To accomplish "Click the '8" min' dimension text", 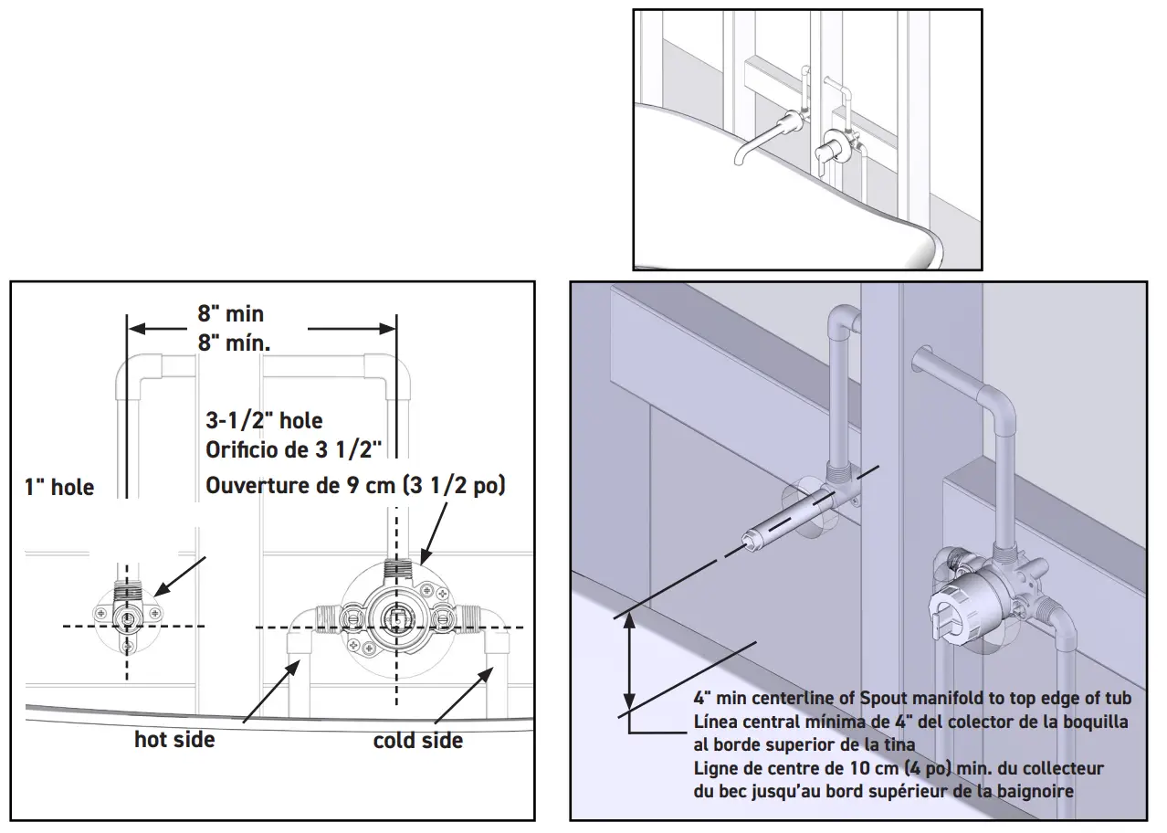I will [231, 314].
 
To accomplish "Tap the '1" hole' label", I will [59, 487].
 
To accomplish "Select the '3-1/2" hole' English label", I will [264, 421].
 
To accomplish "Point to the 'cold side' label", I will [417, 740].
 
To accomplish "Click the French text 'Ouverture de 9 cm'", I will [355, 485].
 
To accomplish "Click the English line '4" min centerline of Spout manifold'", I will [912, 699].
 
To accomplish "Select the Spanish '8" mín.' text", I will [235, 343].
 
